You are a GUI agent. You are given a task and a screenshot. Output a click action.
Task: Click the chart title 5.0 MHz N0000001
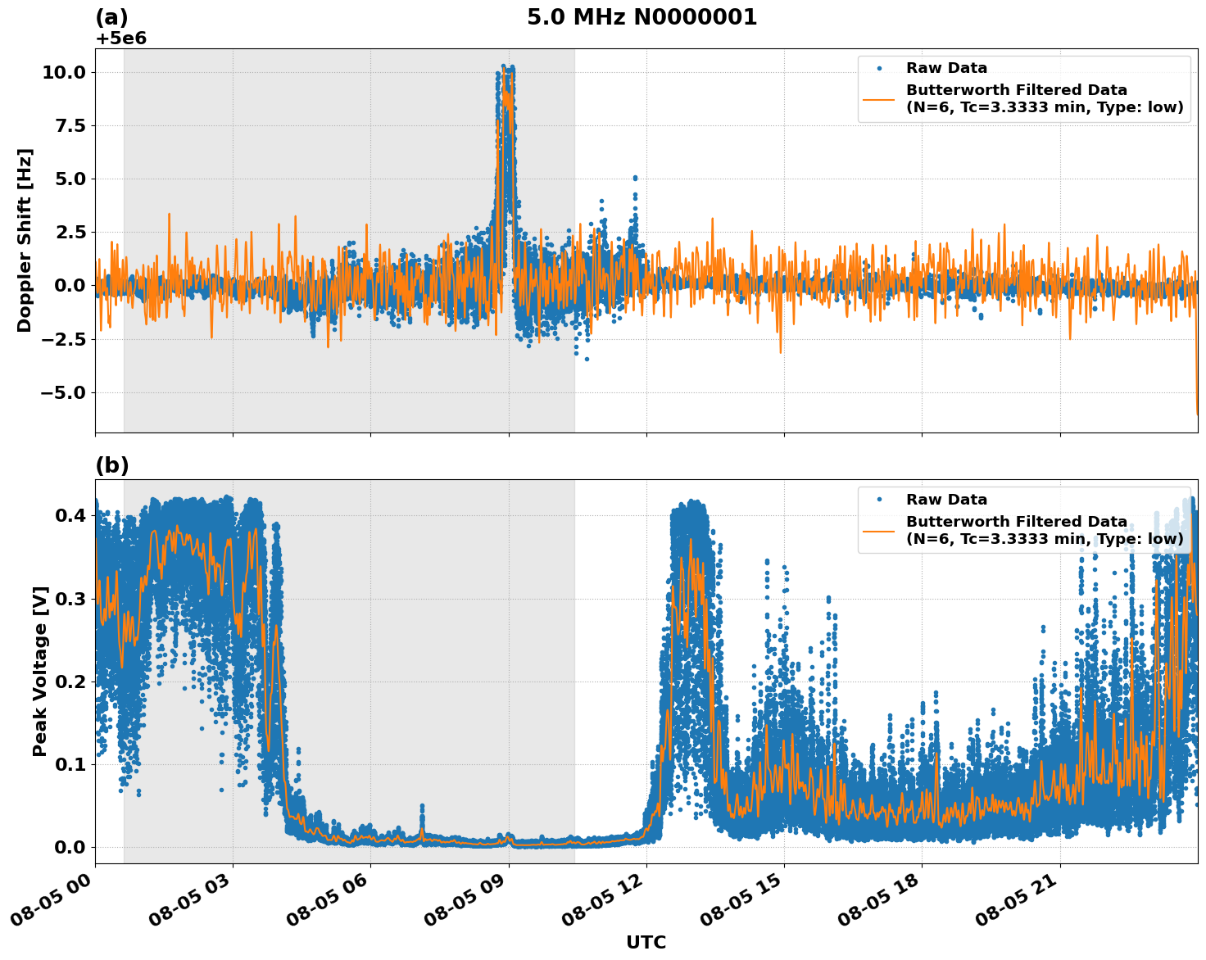point(642,17)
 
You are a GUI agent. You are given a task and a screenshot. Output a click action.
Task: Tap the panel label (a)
point(111,17)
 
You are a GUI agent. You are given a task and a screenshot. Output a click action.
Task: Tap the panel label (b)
point(111,465)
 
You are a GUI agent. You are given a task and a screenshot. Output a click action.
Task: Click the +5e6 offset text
point(120,38)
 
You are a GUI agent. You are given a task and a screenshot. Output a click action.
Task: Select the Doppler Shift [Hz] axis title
point(25,240)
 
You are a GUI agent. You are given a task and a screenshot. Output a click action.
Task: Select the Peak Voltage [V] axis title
point(40,671)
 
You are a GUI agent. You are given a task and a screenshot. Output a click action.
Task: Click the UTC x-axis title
point(646,942)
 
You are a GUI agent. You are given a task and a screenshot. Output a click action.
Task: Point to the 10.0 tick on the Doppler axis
point(63,72)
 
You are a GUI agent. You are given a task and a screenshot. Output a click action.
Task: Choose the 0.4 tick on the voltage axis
point(70,515)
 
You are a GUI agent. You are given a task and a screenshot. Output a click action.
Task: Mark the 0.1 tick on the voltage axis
point(70,764)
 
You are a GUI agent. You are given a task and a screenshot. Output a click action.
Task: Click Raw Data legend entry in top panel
point(946,68)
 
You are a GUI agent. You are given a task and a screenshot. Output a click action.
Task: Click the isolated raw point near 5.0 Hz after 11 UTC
point(634,178)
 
